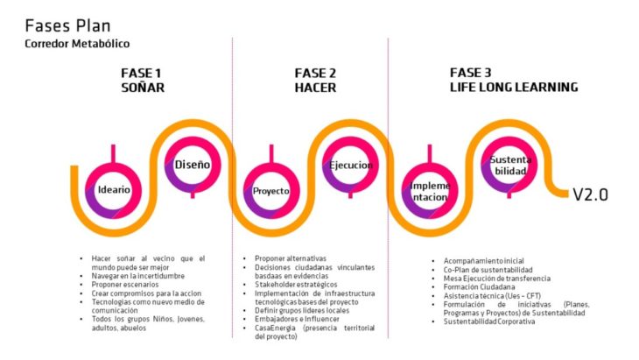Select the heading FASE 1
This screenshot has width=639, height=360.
[143, 73]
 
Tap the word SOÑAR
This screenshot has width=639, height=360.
[143, 88]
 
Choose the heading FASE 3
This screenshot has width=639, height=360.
[472, 73]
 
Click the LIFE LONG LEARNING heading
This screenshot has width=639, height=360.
[513, 88]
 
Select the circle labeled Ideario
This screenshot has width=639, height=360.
[115, 190]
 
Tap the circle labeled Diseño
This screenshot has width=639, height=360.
[192, 164]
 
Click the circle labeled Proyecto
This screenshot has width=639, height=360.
[271, 190]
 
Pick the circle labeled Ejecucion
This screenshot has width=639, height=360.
[350, 165]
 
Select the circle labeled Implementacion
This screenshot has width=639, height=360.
[430, 190]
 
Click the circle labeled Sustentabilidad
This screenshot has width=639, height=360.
[509, 164]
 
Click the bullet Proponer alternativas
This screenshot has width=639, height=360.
[291, 258]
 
